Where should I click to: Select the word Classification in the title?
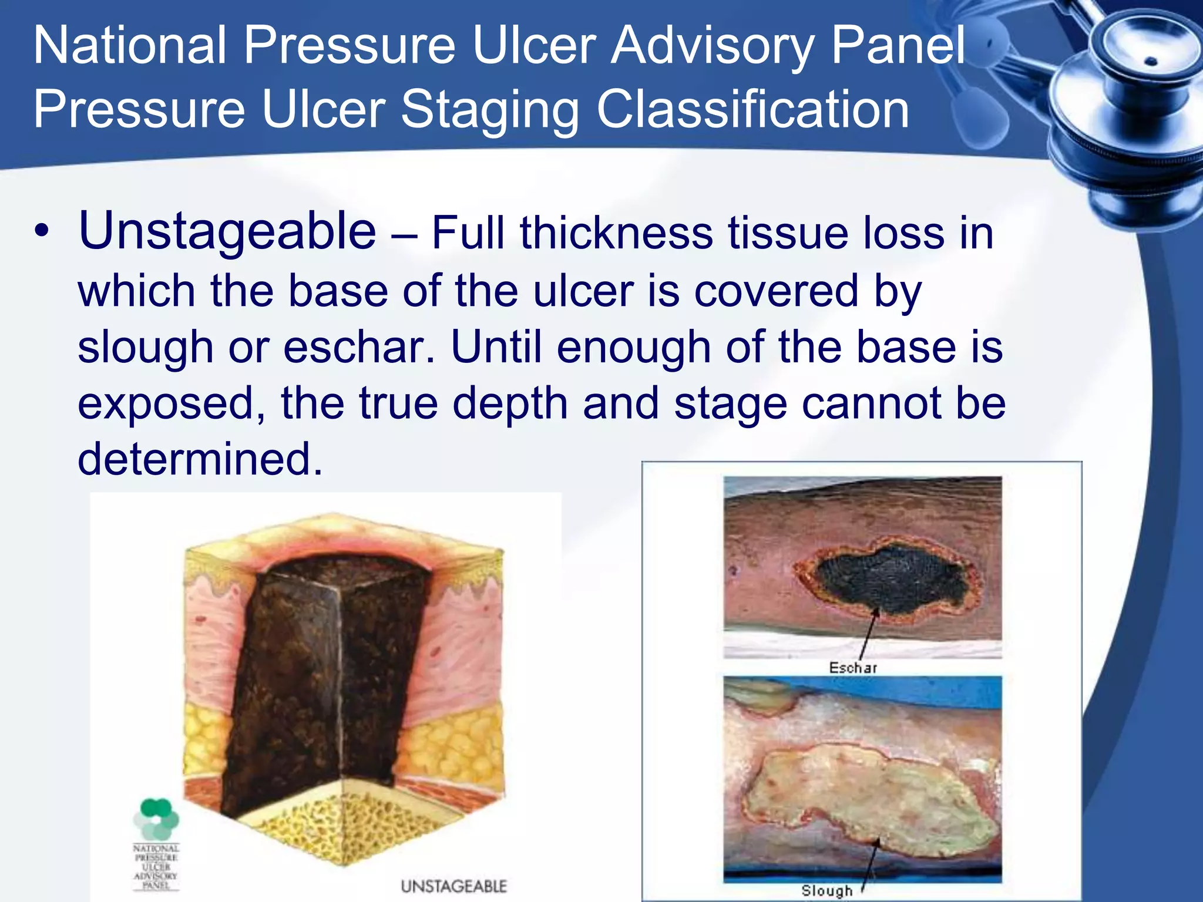pyautogui.click(x=752, y=110)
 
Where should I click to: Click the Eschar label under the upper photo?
pyautogui.click(x=853, y=668)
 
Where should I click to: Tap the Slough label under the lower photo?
pyautogui.click(x=827, y=891)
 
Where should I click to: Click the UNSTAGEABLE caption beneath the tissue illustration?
pyautogui.click(x=453, y=886)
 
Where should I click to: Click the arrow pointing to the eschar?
pyautogui.click(x=868, y=634)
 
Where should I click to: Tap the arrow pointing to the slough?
pyautogui.click(x=871, y=863)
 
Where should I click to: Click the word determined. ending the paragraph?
pyautogui.click(x=200, y=459)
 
